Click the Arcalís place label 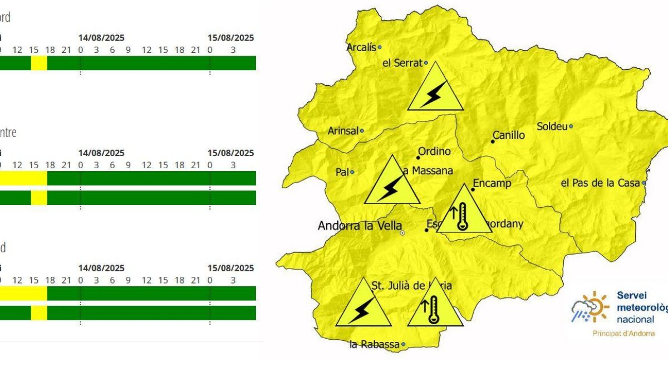pos(361,47)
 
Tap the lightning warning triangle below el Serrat pos(435,90)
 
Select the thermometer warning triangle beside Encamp pos(463,212)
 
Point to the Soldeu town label pos(552,126)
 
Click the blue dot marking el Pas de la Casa pos(644,183)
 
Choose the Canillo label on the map pos(509,135)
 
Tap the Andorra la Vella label pos(359,226)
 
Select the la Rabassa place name pos(374,344)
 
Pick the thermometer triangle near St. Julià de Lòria pos(435,306)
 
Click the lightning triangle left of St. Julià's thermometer pos(363,306)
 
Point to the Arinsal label pos(342,131)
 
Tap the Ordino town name pos(434,152)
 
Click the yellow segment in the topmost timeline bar pos(39,63)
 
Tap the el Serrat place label pos(402,63)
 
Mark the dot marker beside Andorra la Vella pos(402,232)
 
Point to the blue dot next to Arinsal pos(362,131)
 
